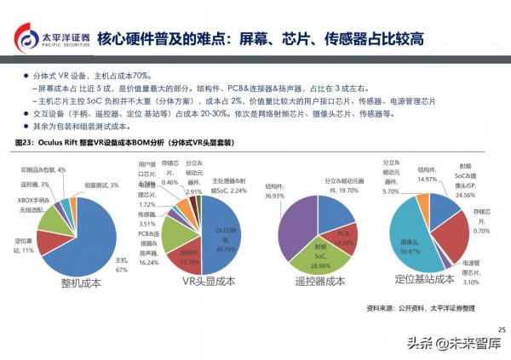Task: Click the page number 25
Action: pyautogui.click(x=501, y=329)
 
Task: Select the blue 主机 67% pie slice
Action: pyautogui.click(x=89, y=230)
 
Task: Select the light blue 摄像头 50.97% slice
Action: pyautogui.click(x=413, y=243)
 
